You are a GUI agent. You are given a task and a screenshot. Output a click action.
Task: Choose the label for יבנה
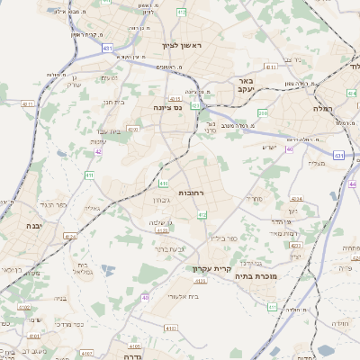click(35, 226)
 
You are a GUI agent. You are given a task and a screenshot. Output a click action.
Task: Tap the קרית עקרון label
click(211, 268)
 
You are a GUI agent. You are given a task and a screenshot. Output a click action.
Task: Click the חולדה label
click(339, 323)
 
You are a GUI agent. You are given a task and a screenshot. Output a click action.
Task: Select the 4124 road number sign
click(70, 237)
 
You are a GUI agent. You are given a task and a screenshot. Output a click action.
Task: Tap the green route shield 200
click(264, 112)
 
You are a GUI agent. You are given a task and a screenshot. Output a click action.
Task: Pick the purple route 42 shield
click(97, 151)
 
